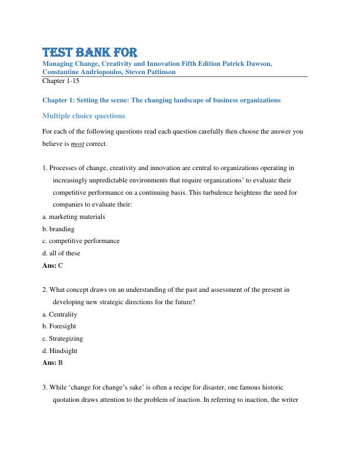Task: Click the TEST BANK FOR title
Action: click(x=90, y=51)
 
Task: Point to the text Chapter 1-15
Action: click(x=61, y=81)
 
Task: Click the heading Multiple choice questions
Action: click(x=84, y=116)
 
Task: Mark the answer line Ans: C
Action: click(x=53, y=265)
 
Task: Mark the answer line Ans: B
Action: click(x=53, y=363)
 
